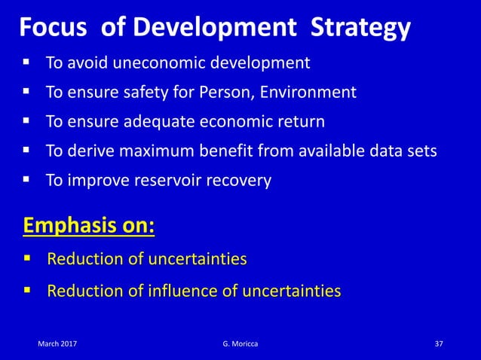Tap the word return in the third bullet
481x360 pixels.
pos(305,122)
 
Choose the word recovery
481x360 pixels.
pos(238,181)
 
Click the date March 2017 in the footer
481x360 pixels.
pos(57,343)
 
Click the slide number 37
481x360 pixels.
pos(439,343)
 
